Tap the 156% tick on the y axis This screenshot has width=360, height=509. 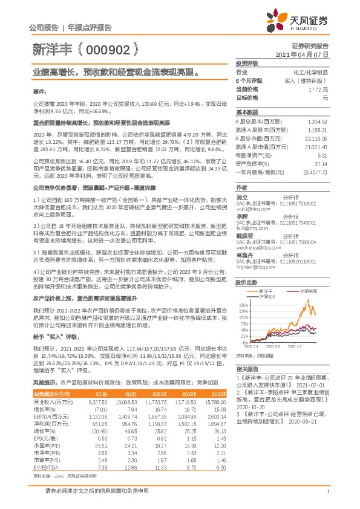[x=243, y=305]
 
